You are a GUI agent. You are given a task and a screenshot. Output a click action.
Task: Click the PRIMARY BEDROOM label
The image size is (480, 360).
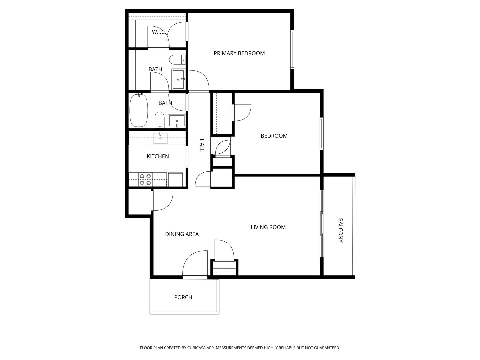pos(239,53)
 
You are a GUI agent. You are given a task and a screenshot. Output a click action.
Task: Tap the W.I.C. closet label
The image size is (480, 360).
pos(159,32)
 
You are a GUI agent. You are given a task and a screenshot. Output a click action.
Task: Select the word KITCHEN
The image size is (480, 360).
pos(158,157)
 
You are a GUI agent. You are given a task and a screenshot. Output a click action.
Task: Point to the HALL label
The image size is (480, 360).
pos(202,145)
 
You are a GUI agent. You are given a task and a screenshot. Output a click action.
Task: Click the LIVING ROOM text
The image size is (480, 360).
pos(268,227)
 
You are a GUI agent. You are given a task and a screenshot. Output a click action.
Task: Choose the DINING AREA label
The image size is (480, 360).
pos(182,234)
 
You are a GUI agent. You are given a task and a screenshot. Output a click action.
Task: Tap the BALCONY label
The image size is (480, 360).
pos(340,230)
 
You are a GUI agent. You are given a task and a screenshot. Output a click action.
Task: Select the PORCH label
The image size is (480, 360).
pos(183,297)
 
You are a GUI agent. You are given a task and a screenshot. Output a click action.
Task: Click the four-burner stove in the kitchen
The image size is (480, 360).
pos(145,179)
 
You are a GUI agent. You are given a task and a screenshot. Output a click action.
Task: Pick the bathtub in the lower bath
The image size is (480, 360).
pos(139,110)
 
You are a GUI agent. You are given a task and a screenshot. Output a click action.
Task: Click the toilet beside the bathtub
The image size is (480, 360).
pos(159,120)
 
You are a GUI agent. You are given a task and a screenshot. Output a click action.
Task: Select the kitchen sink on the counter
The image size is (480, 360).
pos(160,138)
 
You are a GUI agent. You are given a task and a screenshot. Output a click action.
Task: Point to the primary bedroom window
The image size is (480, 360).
pos(292,50)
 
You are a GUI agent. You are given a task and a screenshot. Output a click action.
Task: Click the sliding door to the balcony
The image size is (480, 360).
pos(322,224)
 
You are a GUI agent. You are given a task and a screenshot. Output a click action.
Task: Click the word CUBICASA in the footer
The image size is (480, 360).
pos(196,348)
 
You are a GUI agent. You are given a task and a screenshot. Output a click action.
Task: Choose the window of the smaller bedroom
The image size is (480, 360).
pos(322,134)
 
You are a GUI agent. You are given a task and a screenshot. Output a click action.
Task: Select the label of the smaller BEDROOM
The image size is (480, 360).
pos(274,136)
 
